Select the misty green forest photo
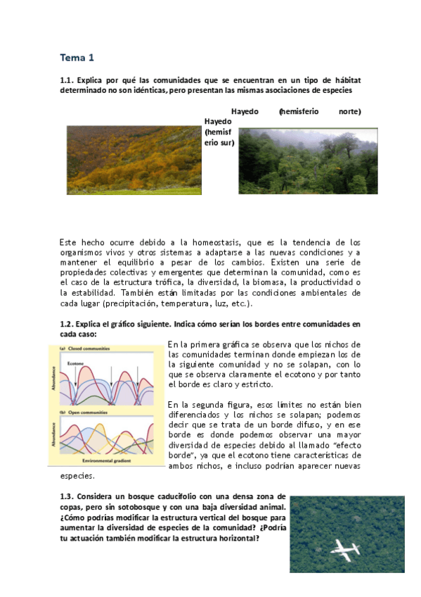[x=308, y=161]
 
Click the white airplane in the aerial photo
[x=346, y=549]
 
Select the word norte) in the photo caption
[x=349, y=111]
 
